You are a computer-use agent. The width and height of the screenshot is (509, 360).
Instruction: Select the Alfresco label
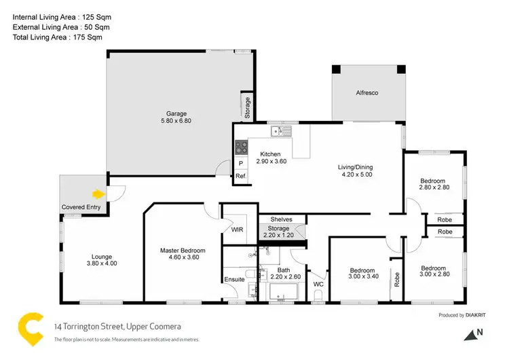click(366, 92)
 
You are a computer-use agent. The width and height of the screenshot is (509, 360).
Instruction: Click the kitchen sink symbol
click(279, 130)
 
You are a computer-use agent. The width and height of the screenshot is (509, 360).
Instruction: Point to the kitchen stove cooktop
click(240, 146)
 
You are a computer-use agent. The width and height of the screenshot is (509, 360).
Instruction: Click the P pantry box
click(240, 164)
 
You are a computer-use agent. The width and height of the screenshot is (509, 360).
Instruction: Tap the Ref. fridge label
click(240, 177)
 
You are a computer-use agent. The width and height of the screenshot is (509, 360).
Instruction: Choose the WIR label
click(237, 230)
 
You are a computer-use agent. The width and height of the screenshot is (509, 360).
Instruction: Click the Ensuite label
click(234, 279)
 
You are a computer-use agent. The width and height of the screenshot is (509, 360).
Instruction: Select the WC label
click(318, 284)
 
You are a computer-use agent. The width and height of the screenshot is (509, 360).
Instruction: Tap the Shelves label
click(281, 219)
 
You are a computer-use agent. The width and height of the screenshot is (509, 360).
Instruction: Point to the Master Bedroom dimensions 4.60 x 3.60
click(183, 257)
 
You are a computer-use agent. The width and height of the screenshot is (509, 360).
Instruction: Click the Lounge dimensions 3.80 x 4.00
click(101, 264)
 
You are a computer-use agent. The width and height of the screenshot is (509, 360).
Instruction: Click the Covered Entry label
click(81, 206)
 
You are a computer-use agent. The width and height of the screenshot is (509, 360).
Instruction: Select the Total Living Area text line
click(61, 38)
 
